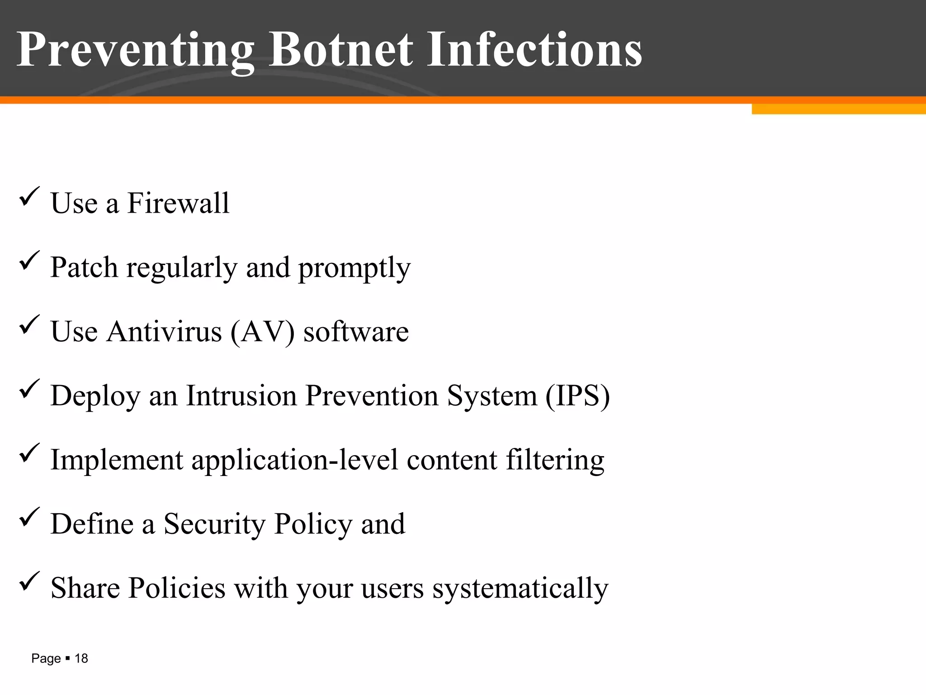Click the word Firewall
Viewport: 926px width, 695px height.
point(178,203)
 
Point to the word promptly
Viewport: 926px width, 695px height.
point(354,268)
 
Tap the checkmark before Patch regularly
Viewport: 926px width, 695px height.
point(30,261)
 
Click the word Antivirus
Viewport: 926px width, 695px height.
point(165,332)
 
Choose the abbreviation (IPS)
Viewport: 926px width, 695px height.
point(577,396)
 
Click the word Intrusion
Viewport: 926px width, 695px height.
point(241,396)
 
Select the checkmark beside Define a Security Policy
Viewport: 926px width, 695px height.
point(30,518)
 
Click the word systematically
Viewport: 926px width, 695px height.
point(520,589)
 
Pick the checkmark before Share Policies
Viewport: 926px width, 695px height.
point(30,582)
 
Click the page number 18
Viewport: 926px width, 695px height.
point(81,659)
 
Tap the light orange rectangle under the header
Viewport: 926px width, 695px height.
point(838,109)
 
